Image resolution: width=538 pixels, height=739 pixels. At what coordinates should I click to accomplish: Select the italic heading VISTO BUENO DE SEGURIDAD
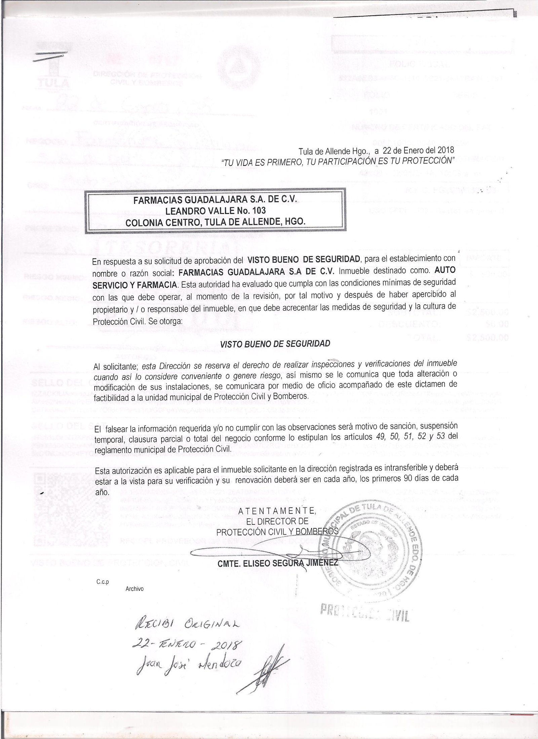pos(275,344)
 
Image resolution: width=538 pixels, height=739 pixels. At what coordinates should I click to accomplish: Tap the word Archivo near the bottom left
pos(134,589)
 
